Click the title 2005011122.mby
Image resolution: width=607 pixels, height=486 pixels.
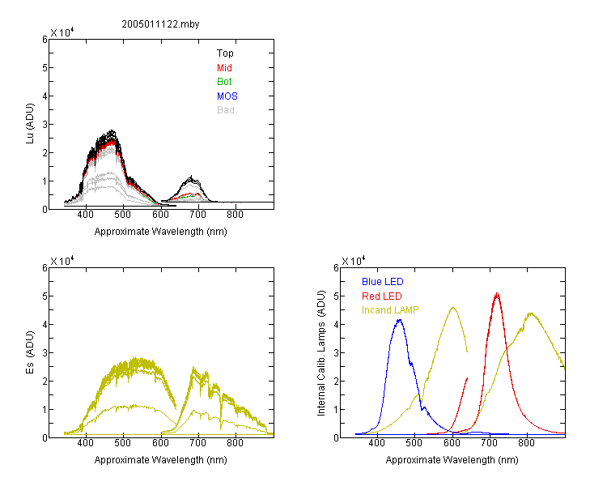(160, 24)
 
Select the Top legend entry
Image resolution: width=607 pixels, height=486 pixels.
(225, 53)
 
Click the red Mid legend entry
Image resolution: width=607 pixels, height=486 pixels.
(224, 68)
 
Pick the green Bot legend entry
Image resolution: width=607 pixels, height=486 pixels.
(224, 82)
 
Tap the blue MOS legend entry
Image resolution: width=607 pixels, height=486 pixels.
(227, 96)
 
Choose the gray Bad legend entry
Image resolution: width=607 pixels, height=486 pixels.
(225, 110)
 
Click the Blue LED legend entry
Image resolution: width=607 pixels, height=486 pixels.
(383, 282)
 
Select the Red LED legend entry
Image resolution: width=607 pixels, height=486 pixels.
(382, 296)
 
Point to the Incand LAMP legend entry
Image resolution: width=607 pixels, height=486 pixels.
(390, 310)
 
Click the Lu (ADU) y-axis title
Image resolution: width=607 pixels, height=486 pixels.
(30, 124)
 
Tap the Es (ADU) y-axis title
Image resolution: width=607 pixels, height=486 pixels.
(30, 352)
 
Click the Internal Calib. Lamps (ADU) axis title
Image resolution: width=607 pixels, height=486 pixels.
(321, 353)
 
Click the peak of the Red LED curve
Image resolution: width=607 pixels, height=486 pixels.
(497, 293)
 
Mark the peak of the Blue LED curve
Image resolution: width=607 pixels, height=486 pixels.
(400, 320)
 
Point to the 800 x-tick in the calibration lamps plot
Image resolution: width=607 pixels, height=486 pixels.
(526, 442)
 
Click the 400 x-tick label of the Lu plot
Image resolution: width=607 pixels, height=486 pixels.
(85, 215)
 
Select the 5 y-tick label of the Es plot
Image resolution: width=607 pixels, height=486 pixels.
(45, 296)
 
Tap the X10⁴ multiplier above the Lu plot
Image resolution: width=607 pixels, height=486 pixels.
(62, 32)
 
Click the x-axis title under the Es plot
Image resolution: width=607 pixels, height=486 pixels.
(161, 460)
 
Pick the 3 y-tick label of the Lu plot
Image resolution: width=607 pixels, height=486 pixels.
(45, 125)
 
